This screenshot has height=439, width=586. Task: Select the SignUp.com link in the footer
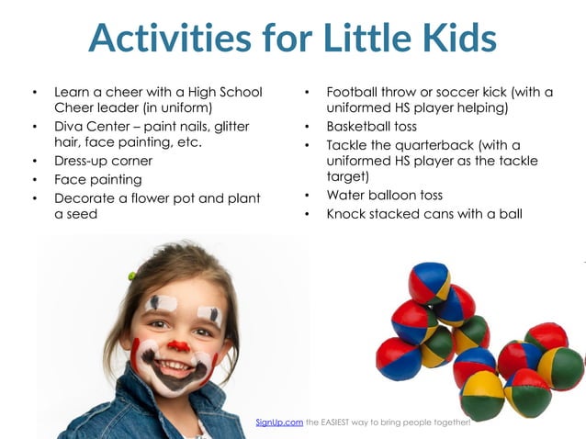coord(279,422)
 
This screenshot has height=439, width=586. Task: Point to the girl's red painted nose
coord(178,346)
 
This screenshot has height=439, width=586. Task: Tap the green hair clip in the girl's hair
coord(132,275)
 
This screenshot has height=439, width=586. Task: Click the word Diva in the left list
coord(70,126)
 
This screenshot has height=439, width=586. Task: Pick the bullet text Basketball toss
coord(372,126)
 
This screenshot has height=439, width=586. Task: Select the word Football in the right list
coord(357,92)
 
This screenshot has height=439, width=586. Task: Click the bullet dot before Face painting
coord(34,180)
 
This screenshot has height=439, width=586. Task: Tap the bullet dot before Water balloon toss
coord(307,196)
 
